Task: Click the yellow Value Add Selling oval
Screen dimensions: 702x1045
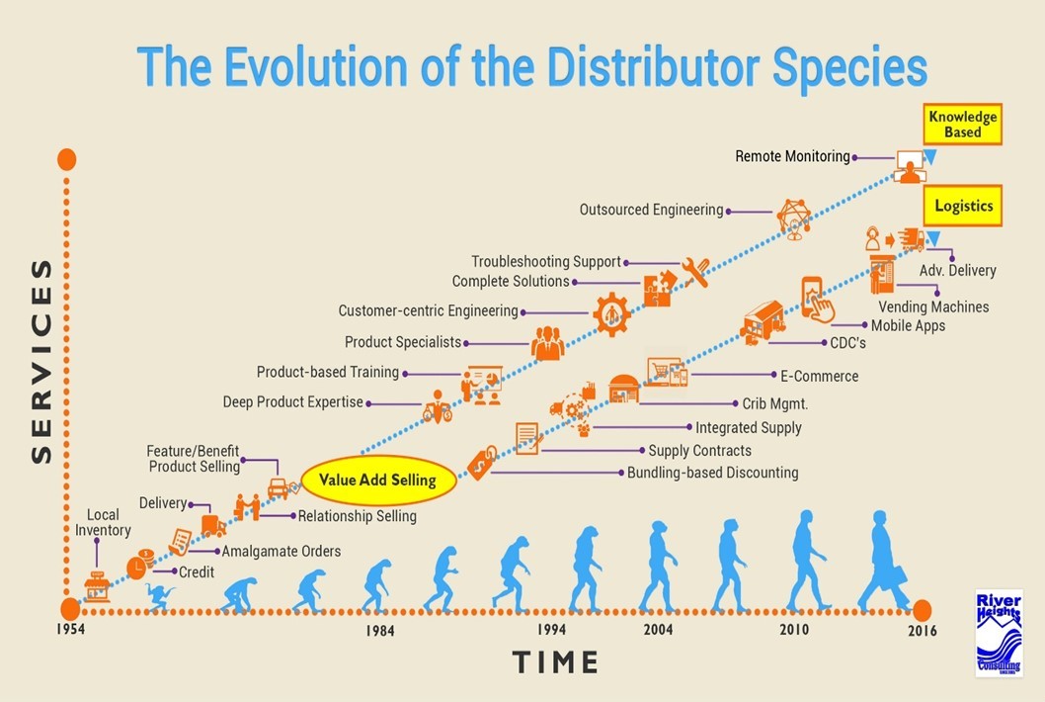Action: pos(378,481)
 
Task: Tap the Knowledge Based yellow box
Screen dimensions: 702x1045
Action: pos(962,125)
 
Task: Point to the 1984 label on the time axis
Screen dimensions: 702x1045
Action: pos(380,631)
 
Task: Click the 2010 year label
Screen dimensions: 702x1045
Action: pos(793,630)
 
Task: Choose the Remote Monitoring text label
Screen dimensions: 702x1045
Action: pos(792,156)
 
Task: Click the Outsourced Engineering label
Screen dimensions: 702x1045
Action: pos(651,210)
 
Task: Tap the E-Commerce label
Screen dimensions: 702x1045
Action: pos(819,376)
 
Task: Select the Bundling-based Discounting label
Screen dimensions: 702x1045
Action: pos(712,473)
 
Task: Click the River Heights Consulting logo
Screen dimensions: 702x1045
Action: pos(999,633)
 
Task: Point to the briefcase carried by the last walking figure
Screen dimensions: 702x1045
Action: pos(900,577)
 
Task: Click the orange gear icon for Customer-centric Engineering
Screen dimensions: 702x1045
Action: pos(612,313)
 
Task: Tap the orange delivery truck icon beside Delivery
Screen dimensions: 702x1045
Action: pos(212,525)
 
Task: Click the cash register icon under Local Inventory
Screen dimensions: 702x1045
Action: pos(97,585)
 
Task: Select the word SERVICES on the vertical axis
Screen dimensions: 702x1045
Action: pos(41,361)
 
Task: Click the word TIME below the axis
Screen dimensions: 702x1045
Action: pos(555,661)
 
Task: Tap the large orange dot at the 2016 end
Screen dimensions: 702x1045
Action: pos(922,609)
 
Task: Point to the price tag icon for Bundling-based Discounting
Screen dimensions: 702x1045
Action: pos(481,463)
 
